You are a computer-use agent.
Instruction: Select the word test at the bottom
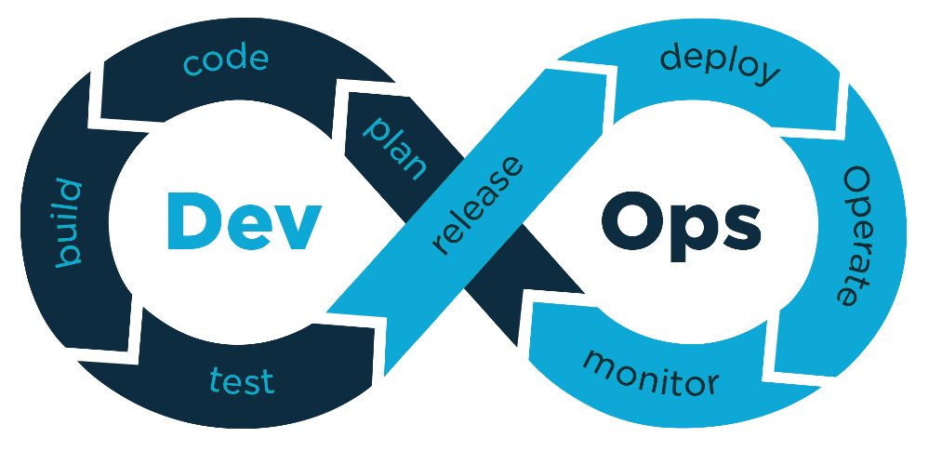tap(242, 379)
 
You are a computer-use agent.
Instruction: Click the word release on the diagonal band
tap(478, 206)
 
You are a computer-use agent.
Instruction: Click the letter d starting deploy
tap(671, 58)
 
